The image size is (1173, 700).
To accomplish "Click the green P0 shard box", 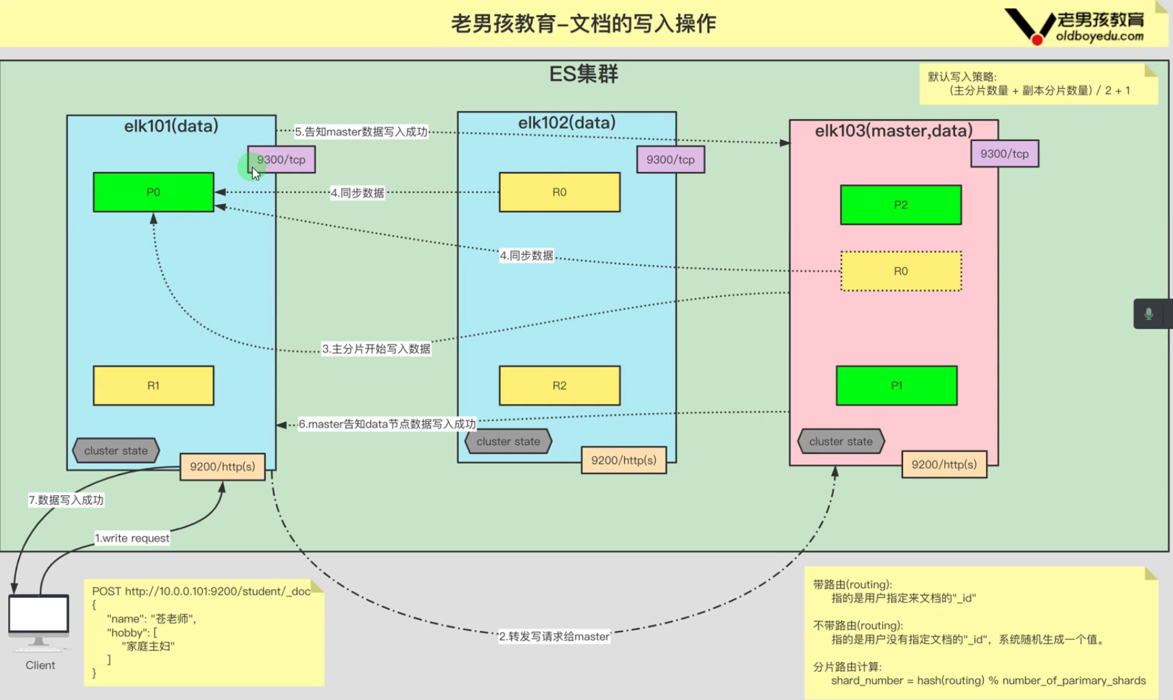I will tap(153, 192).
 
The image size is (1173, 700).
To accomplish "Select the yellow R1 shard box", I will tap(153, 386).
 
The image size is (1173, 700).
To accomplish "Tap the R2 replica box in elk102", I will tap(559, 386).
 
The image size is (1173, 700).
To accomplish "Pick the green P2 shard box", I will tap(900, 205).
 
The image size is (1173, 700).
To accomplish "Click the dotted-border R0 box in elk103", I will tap(900, 271).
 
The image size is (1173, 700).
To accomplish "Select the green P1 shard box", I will tap(896, 386).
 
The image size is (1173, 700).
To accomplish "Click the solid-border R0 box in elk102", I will tap(559, 192).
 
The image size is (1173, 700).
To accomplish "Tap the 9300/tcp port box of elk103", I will tap(1004, 154).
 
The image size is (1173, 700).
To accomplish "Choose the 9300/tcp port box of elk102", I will tap(670, 160).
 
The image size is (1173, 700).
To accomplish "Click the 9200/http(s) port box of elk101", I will tap(222, 466).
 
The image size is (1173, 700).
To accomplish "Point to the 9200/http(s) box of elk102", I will tap(623, 460).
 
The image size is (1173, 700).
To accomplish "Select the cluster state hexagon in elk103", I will tap(841, 442).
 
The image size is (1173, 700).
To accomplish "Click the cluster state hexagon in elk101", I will tap(116, 451).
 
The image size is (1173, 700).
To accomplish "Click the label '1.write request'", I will tap(132, 538).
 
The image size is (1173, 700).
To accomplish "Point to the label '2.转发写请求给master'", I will tap(554, 636).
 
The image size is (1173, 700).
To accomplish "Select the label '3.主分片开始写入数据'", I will tap(376, 349).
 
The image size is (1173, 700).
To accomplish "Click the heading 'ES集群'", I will tap(584, 74).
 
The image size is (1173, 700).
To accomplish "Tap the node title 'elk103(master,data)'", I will tap(893, 131).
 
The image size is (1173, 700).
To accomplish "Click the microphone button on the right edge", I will tap(1149, 314).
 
